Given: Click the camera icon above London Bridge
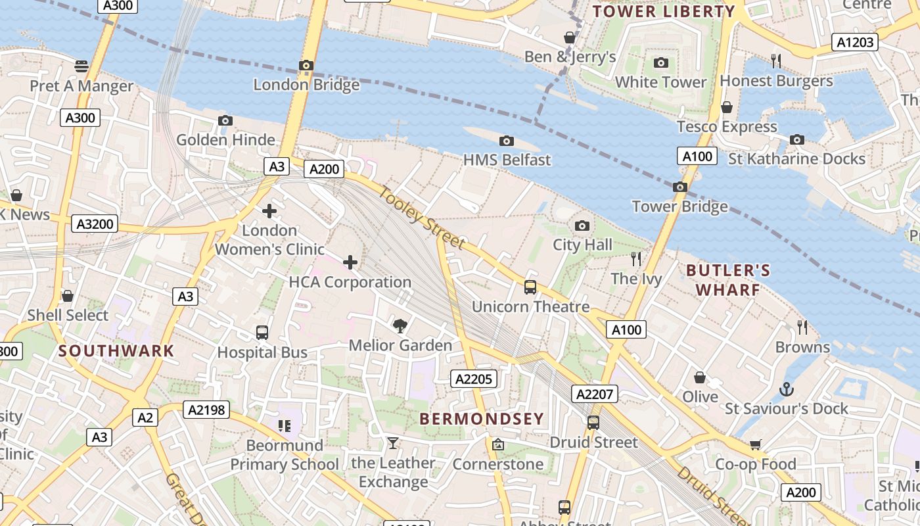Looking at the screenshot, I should [x=306, y=65].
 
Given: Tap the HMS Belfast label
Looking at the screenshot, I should [x=507, y=160].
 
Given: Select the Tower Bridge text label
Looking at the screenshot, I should [x=679, y=206].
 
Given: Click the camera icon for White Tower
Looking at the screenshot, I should [x=661, y=63].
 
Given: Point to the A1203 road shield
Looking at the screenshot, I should [x=855, y=43].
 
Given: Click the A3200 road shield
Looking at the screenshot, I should [x=95, y=224].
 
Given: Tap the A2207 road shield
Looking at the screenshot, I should [x=595, y=394].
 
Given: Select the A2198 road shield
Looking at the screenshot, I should [x=206, y=410].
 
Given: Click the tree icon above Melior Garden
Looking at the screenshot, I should [x=400, y=325].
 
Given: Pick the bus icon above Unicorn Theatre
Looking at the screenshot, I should [x=530, y=287].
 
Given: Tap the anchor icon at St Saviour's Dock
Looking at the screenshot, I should [x=786, y=389].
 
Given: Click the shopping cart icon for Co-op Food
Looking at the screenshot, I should [x=755, y=445].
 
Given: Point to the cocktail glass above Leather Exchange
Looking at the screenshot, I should [x=392, y=443].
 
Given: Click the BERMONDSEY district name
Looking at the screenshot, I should [x=482, y=419].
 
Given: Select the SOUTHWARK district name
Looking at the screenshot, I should [x=116, y=351].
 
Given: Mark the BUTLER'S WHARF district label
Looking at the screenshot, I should [x=728, y=280].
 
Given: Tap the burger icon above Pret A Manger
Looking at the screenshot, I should [x=81, y=66].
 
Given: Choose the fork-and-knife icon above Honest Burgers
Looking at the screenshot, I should [x=776, y=61].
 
